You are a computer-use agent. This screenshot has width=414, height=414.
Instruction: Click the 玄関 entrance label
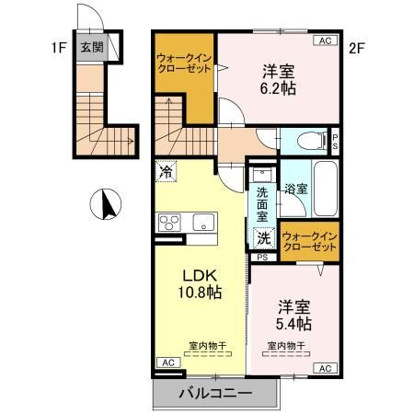coord(90,49)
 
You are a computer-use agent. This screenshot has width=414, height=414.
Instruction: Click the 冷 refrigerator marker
coord(166,170)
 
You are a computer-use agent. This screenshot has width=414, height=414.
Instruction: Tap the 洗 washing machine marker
coord(264,237)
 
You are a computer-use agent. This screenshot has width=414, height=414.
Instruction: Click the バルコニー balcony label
coord(214,393)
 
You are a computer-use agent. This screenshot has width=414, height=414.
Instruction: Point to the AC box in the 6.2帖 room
coord(325,40)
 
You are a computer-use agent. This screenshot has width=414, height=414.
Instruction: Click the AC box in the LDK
coord(167,363)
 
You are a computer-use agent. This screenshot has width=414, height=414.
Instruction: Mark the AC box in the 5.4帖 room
coord(325,368)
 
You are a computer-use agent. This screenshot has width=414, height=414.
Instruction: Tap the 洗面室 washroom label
coord(262,205)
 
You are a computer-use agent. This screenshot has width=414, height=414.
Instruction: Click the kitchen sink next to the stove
coord(203,223)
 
